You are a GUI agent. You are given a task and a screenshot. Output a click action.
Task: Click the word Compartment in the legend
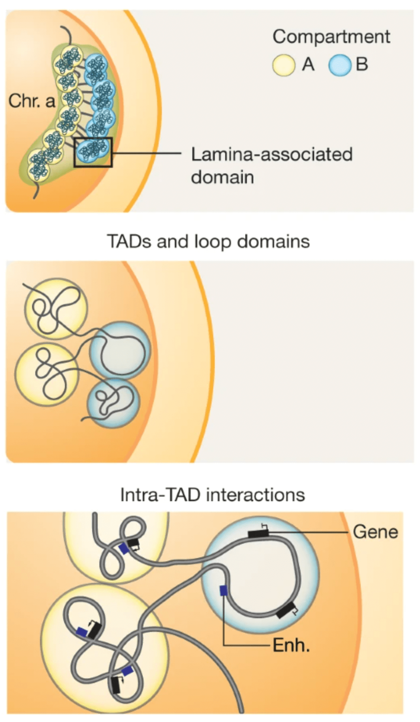(331, 36)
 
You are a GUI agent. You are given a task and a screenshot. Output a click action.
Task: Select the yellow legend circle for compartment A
(284, 65)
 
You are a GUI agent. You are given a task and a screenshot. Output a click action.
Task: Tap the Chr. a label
(32, 101)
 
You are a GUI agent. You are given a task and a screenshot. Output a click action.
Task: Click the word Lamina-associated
(271, 155)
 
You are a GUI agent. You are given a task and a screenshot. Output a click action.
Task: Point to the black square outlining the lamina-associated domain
(93, 152)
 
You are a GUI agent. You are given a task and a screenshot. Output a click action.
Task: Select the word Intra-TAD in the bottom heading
(160, 495)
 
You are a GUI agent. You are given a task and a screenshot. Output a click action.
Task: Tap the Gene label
(376, 532)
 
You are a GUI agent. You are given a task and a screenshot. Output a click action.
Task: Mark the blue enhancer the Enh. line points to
(224, 591)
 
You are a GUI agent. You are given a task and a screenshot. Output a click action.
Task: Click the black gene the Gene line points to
(258, 533)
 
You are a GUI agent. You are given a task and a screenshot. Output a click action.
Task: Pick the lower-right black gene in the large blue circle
(286, 610)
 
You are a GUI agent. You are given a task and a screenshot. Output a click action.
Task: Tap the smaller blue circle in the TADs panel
(113, 403)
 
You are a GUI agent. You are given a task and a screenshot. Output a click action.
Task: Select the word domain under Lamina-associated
(222, 177)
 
